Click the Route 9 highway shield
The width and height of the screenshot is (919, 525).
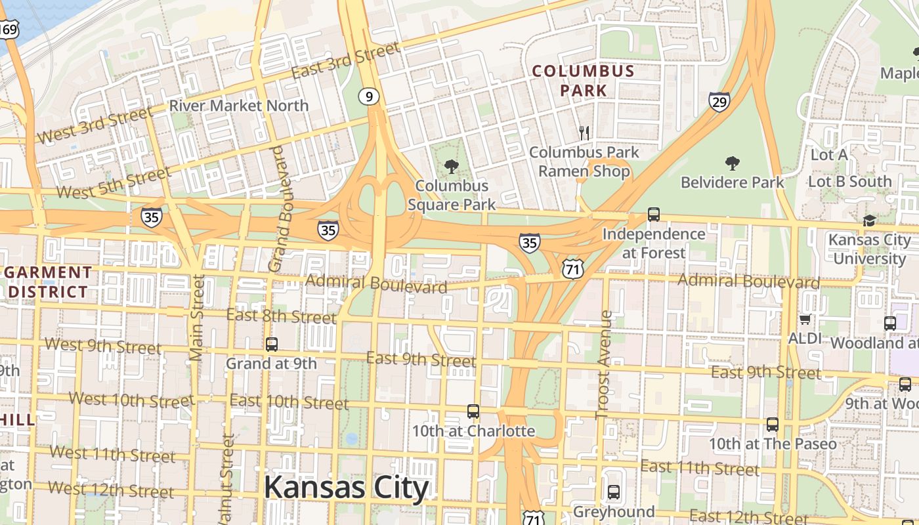pyautogui.click(x=369, y=97)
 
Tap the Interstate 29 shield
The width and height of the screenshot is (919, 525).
pyautogui.click(x=719, y=102)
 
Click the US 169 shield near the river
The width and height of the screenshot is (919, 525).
pyautogui.click(x=9, y=29)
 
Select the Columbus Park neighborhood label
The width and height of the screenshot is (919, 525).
pyautogui.click(x=583, y=81)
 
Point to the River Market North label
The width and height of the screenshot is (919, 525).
pyautogui.click(x=239, y=106)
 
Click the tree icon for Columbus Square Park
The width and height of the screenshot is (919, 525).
pyautogui.click(x=451, y=167)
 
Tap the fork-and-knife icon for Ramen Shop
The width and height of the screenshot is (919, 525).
pyautogui.click(x=584, y=133)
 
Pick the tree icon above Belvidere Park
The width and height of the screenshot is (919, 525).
pyautogui.click(x=732, y=163)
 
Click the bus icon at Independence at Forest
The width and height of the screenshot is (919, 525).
pyautogui.click(x=653, y=215)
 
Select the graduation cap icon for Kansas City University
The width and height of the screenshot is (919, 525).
pyautogui.click(x=869, y=220)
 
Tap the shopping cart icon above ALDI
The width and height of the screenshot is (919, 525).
pyautogui.click(x=805, y=320)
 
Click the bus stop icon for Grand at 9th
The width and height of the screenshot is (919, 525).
pyautogui.click(x=271, y=344)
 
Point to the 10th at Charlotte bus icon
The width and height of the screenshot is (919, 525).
pyautogui.click(x=473, y=411)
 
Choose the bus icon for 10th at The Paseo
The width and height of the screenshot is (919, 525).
pyautogui.click(x=772, y=425)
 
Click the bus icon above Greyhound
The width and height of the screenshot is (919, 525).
pyautogui.click(x=613, y=492)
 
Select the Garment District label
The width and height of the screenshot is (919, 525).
pyautogui.click(x=48, y=282)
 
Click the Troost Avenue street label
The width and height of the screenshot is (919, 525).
pyautogui.click(x=603, y=365)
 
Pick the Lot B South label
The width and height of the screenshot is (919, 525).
pyautogui.click(x=849, y=182)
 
